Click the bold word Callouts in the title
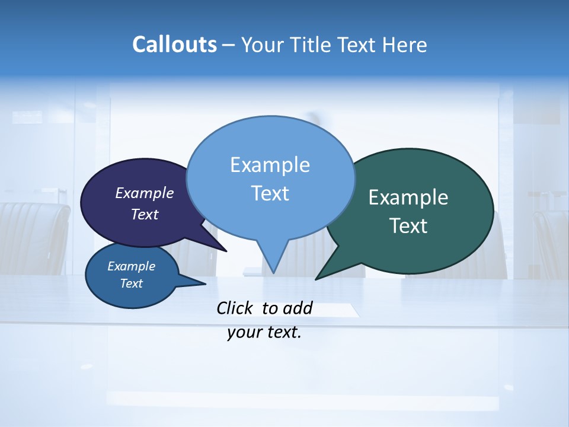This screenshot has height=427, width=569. pyautogui.click(x=174, y=44)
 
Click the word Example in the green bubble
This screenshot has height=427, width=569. pyautogui.click(x=408, y=197)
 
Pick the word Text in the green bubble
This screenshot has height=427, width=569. pyautogui.click(x=408, y=226)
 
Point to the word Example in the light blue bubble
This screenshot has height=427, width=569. pyautogui.click(x=270, y=165)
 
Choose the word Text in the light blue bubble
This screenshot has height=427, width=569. pyautogui.click(x=270, y=193)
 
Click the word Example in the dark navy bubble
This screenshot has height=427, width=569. pyautogui.click(x=144, y=193)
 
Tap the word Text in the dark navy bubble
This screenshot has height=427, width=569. pyautogui.click(x=144, y=214)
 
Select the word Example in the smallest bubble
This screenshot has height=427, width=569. pyautogui.click(x=131, y=266)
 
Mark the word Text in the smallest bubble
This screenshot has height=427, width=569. pyautogui.click(x=131, y=283)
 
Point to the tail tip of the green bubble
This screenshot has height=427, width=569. pyautogui.click(x=316, y=279)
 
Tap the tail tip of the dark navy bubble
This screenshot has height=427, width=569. pyautogui.click(x=226, y=251)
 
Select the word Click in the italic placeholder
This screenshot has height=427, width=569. pyautogui.click(x=235, y=308)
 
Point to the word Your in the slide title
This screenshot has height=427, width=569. pyautogui.click(x=262, y=44)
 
